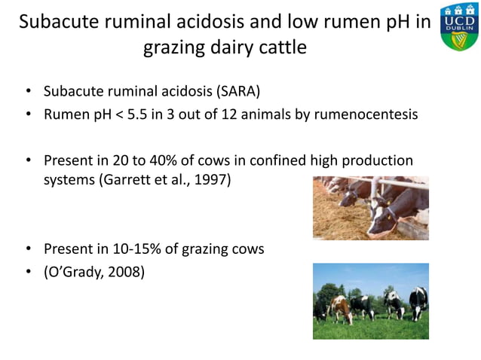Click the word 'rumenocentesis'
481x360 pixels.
click(366, 114)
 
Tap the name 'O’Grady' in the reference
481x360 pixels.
click(76, 270)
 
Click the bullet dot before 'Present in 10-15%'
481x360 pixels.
click(28, 249)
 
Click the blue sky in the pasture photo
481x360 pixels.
click(369, 275)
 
